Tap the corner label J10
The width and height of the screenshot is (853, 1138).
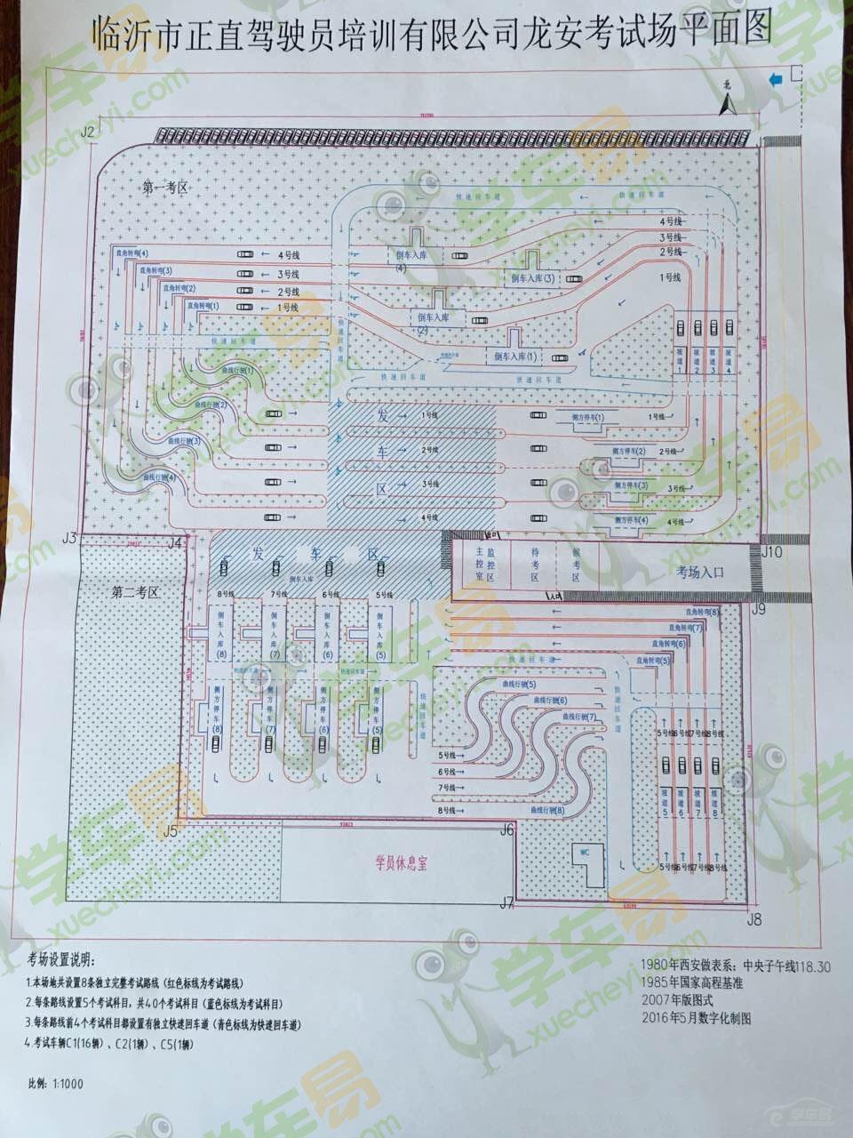tap(771, 552)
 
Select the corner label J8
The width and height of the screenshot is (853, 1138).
tap(754, 919)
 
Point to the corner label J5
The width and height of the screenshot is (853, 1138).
tap(171, 831)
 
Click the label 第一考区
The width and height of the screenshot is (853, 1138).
tap(166, 188)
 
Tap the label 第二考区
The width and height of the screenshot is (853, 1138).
tap(135, 590)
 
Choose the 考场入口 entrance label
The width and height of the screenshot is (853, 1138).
tap(700, 573)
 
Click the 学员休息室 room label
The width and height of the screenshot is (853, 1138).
tap(401, 862)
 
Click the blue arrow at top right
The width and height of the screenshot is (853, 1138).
tap(777, 79)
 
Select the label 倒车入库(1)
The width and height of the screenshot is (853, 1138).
tap(516, 356)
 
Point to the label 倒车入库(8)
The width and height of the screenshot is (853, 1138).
tap(219, 635)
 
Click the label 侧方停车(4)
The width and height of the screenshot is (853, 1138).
tap(629, 520)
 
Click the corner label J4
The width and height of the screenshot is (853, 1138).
tap(174, 542)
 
